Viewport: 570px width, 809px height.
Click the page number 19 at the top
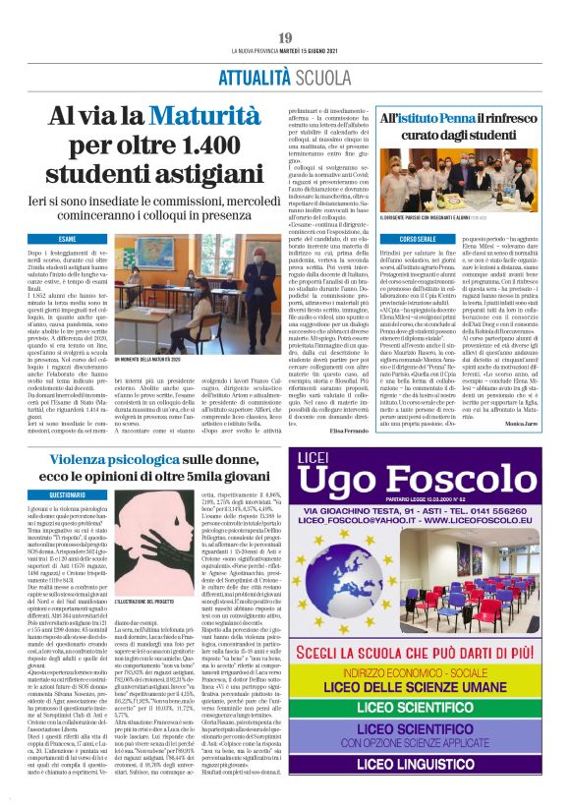pyautogui.click(x=285, y=37)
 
